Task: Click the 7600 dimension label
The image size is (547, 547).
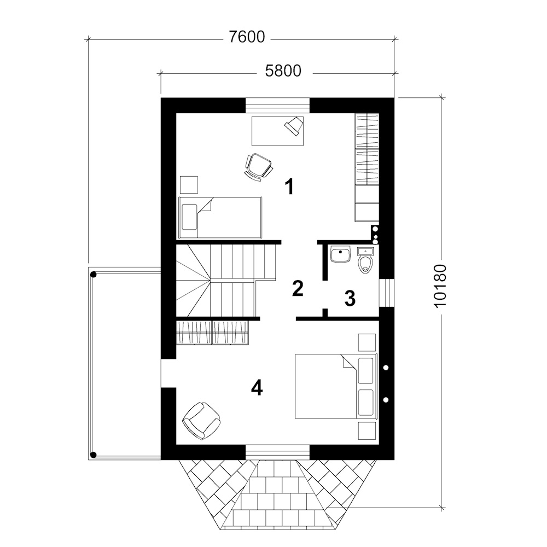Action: pyautogui.click(x=247, y=37)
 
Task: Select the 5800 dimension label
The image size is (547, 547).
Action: pyautogui.click(x=283, y=71)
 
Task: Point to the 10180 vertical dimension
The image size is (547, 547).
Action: pyautogui.click(x=441, y=286)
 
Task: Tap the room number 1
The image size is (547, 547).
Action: pyautogui.click(x=289, y=187)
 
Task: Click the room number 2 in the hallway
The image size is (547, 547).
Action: pyautogui.click(x=298, y=288)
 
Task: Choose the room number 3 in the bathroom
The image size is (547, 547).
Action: pyautogui.click(x=350, y=299)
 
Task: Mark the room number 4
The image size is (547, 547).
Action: pyautogui.click(x=257, y=388)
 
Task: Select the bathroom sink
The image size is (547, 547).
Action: pyautogui.click(x=340, y=254)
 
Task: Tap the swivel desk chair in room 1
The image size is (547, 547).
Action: pyautogui.click(x=259, y=167)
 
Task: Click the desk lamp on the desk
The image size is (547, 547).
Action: pyautogui.click(x=294, y=126)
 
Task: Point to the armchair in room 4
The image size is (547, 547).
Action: pyautogui.click(x=201, y=420)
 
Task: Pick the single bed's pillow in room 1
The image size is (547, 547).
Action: pyautogui.click(x=189, y=217)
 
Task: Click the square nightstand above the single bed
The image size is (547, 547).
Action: pyautogui.click(x=189, y=184)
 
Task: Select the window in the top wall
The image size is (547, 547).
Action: pyautogui.click(x=278, y=106)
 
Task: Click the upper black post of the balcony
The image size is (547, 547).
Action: pyautogui.click(x=93, y=275)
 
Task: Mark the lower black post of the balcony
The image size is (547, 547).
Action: pyautogui.click(x=93, y=455)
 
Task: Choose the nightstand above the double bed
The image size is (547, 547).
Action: pyautogui.click(x=367, y=342)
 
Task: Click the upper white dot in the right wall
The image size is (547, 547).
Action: pyautogui.click(x=386, y=368)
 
